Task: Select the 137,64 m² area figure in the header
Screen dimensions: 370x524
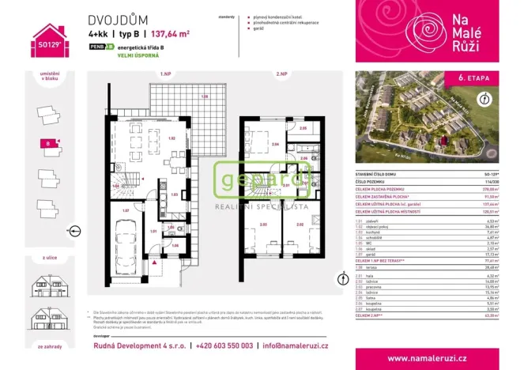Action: click(171, 35)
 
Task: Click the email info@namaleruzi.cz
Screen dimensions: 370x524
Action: click(297, 346)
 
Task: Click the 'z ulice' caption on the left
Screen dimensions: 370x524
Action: click(46, 256)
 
